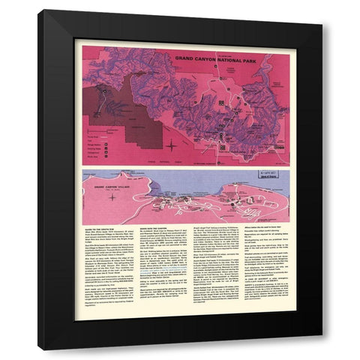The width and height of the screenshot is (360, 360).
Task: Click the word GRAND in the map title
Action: [183, 57]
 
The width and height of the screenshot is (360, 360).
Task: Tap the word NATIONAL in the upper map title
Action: [220, 57]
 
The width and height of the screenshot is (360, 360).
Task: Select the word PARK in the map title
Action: [240, 57]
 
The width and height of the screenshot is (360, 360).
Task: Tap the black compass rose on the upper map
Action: [172, 144]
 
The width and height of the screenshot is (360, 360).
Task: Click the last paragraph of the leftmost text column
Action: [106, 299]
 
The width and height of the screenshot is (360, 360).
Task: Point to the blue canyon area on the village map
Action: [210, 180]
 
